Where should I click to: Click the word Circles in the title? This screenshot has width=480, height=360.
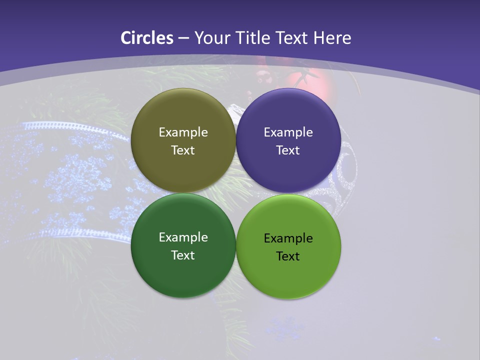tap(147, 38)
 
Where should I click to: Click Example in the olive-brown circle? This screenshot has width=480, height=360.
tap(183, 132)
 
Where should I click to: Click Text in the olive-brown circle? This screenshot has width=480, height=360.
tap(183, 150)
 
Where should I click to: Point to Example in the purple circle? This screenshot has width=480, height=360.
tap(288, 132)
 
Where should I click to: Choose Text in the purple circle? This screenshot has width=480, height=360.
tap(288, 150)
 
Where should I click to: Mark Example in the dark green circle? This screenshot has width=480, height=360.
tap(183, 237)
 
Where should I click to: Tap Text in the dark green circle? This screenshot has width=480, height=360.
tap(183, 255)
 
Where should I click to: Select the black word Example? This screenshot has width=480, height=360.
tap(288, 238)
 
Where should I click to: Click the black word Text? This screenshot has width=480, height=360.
tap(288, 256)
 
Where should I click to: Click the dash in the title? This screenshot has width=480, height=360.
tap(183, 38)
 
